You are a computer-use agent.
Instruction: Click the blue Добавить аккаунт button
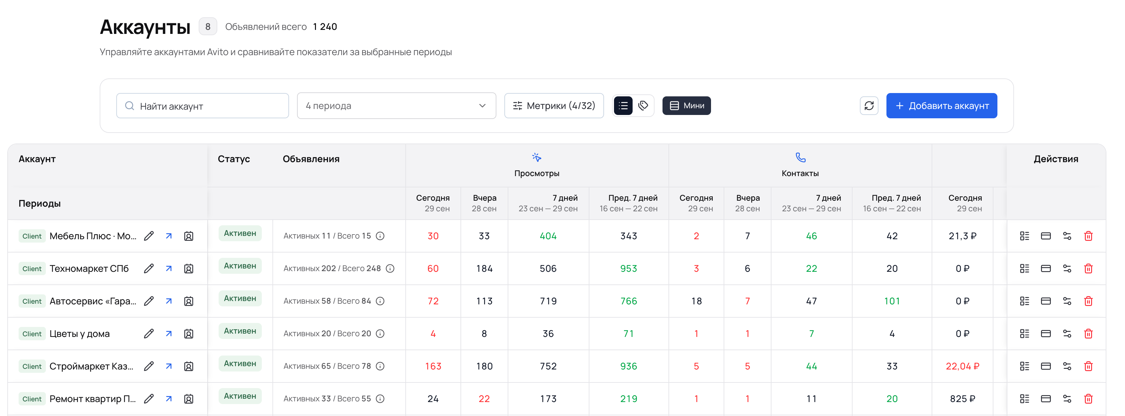(941, 106)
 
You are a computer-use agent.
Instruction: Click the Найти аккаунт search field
(202, 106)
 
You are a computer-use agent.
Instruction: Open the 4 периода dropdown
(396, 106)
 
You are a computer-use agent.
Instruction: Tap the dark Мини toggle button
(686, 106)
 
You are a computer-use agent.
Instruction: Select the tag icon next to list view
(643, 105)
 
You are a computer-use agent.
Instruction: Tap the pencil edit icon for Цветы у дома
(149, 333)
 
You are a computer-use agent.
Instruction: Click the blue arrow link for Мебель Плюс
(168, 236)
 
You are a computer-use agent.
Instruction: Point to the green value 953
(628, 268)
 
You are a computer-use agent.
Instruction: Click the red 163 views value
(433, 366)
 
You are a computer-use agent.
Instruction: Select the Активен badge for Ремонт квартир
(240, 396)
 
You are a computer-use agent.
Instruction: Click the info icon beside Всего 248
(390, 268)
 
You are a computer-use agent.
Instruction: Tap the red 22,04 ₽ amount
(962, 366)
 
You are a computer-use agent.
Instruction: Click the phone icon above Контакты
(800, 157)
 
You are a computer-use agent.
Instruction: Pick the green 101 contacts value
(891, 301)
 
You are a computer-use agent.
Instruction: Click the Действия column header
(1056, 159)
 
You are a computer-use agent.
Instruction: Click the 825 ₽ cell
(962, 398)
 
